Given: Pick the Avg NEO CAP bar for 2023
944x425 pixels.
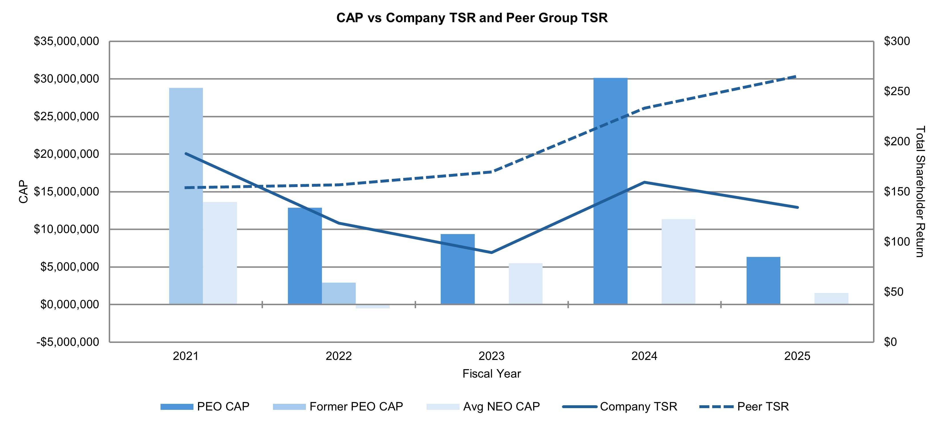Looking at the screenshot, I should tap(525, 284).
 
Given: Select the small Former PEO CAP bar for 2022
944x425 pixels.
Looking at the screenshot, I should tap(339, 293).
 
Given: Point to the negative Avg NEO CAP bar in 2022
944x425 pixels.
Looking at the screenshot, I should tap(372, 306).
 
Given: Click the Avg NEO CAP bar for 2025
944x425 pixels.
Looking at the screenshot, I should tap(831, 298).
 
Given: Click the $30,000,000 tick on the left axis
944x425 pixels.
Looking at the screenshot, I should tap(66, 79).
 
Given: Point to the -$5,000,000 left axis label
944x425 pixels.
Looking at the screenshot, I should tap(68, 342).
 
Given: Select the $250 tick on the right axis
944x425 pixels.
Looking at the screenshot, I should tap(896, 91).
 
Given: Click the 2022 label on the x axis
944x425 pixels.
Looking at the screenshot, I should tap(339, 356).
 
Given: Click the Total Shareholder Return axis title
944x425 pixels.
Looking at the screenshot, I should tap(920, 191).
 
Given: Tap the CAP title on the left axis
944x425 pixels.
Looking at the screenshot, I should tap(23, 191).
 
